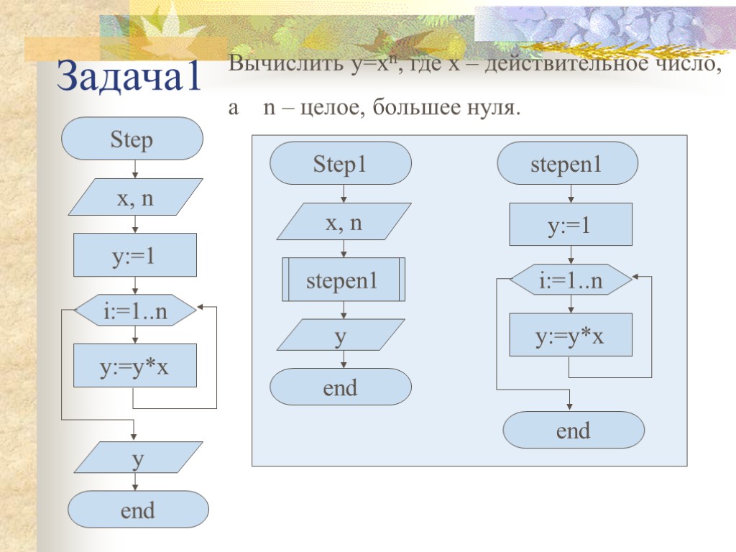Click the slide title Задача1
pyautogui.click(x=129, y=75)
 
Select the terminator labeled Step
pyautogui.click(x=132, y=139)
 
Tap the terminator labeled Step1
pyautogui.click(x=340, y=165)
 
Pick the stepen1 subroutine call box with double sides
pyautogui.click(x=344, y=280)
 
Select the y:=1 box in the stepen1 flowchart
pyautogui.click(x=571, y=225)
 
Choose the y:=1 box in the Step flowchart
pyautogui.click(x=135, y=255)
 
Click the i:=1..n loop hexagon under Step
pyautogui.click(x=135, y=312)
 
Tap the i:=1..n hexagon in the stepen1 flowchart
pyautogui.click(x=571, y=281)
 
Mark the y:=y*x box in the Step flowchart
pyautogui.click(x=135, y=366)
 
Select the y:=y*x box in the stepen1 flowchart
pyautogui.click(x=571, y=335)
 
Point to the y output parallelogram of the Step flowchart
pyautogui.click(x=135, y=458)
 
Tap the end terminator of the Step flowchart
pyautogui.click(x=138, y=510)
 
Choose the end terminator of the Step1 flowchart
pyautogui.click(x=340, y=387)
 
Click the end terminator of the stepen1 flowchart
pyautogui.click(x=573, y=430)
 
